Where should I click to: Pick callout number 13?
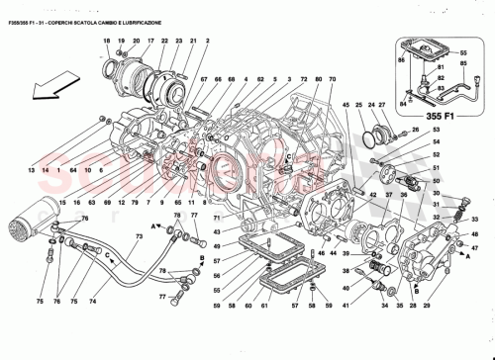tap(32, 171)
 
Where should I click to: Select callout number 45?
tap(346, 104)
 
